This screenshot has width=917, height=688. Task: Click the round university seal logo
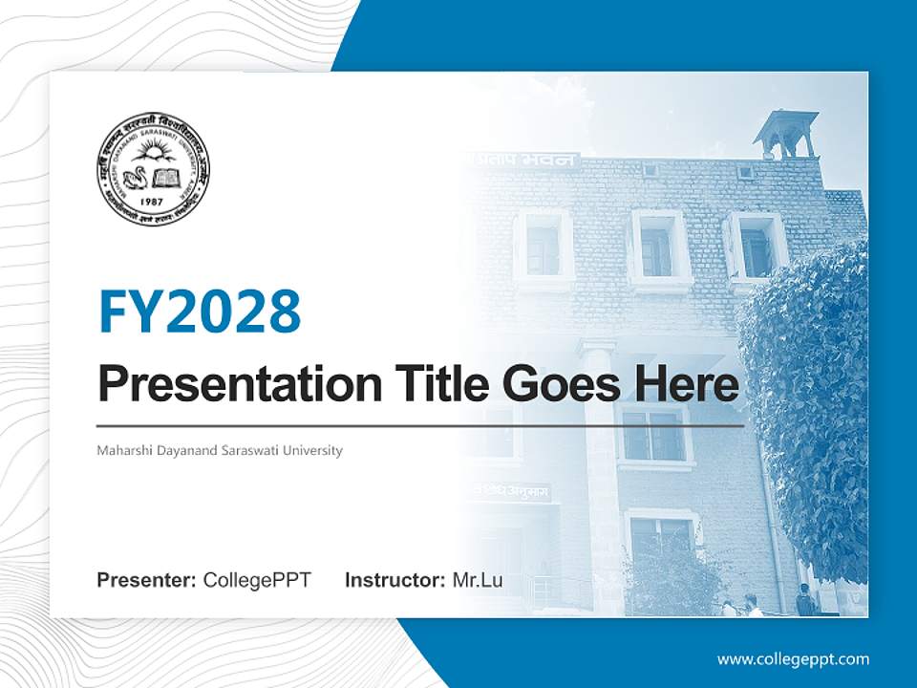click(153, 169)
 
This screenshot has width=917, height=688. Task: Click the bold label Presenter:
click(147, 580)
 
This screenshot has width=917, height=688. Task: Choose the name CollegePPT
click(257, 580)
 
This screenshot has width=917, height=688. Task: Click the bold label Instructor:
click(395, 580)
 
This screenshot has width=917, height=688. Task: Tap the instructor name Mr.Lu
click(478, 580)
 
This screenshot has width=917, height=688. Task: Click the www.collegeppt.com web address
click(793, 659)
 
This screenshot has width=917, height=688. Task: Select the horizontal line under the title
click(420, 426)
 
